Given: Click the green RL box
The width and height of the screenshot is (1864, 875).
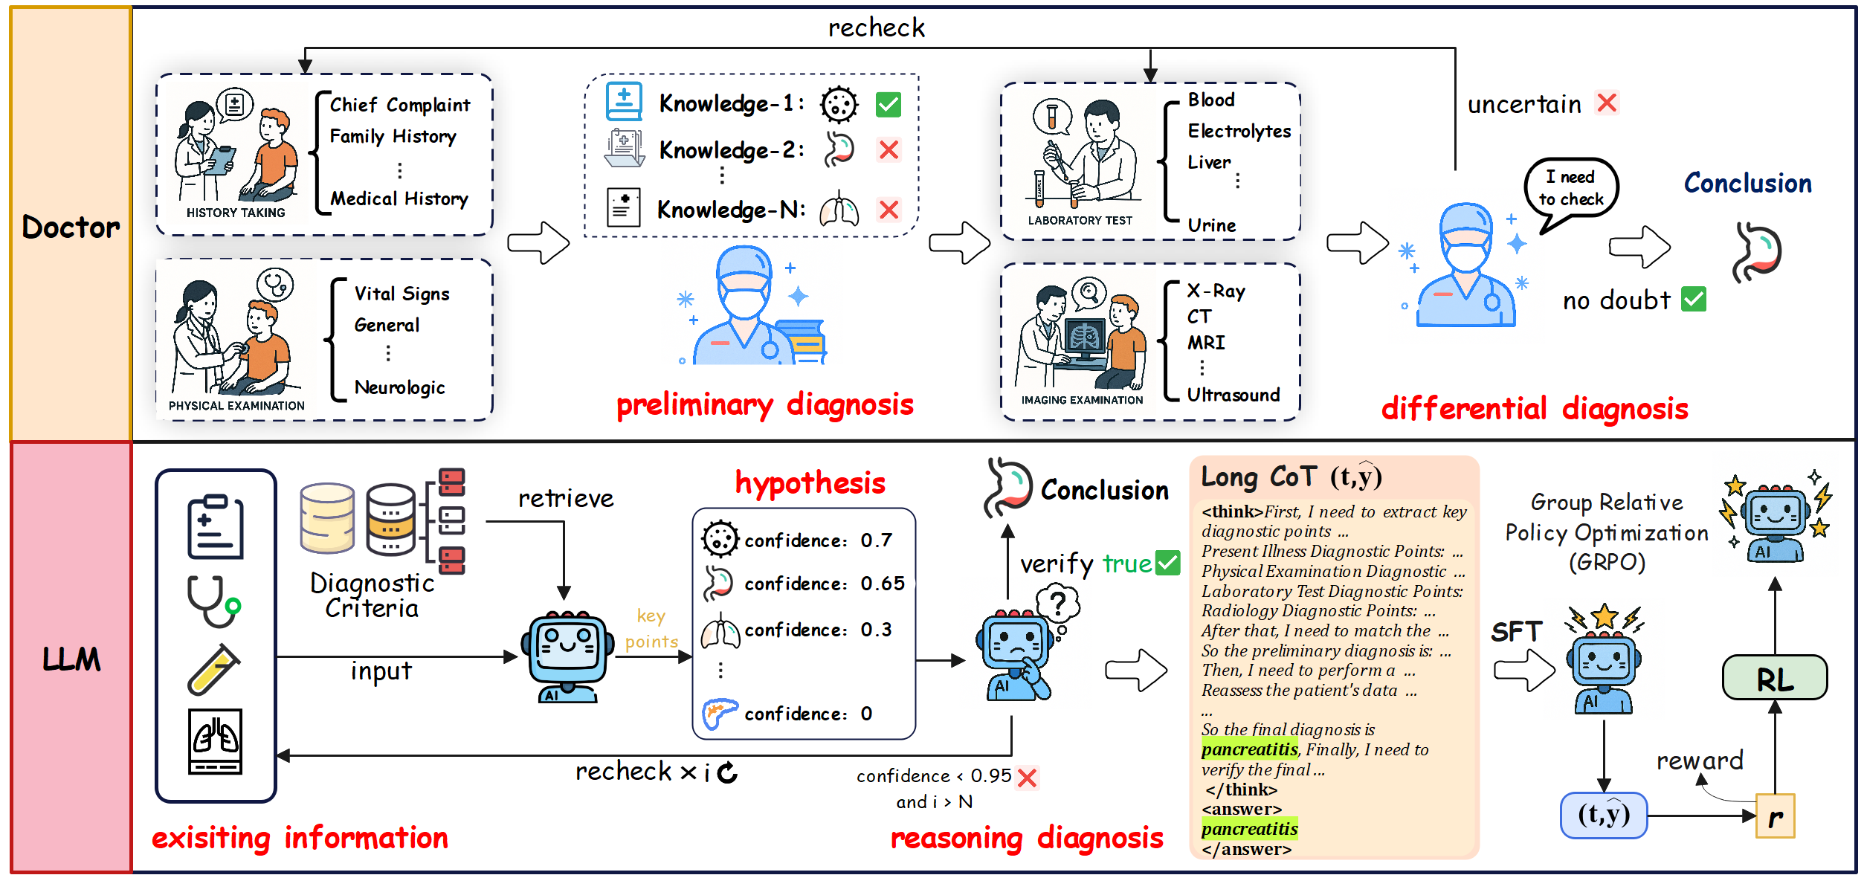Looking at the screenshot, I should tap(1774, 678).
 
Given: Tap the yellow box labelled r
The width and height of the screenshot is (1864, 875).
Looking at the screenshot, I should tap(1775, 816).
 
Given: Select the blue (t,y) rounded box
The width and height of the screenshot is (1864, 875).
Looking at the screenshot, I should tap(1604, 816).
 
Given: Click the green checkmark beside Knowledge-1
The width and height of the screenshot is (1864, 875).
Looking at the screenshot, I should tap(889, 105).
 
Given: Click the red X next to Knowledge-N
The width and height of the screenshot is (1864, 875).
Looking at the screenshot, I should tap(889, 210).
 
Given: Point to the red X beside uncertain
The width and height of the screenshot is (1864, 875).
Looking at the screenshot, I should tap(1607, 103).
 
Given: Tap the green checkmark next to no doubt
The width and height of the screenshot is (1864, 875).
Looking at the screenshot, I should tap(1694, 300).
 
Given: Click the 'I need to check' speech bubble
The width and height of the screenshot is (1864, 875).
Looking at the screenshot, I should tap(1571, 189).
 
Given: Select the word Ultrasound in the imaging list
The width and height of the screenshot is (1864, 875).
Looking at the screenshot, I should tap(1233, 395).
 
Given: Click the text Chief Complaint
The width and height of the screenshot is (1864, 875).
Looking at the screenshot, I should tap(400, 105).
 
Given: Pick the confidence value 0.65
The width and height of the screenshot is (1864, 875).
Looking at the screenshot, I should tap(883, 584).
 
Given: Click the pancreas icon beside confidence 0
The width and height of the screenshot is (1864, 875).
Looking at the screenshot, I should tap(719, 713).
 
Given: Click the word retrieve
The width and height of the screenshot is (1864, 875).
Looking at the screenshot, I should tap(566, 498).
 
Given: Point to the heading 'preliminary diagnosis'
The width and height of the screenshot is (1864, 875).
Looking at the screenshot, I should tap(764, 405).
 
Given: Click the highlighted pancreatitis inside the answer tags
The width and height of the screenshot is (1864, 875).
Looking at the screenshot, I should tap(1249, 829).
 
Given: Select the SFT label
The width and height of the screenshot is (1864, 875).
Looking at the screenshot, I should tap(1516, 632).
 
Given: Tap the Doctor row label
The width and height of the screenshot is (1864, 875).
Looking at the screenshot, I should tap(71, 227).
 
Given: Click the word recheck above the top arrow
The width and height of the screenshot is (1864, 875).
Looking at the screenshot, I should tap(876, 28).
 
